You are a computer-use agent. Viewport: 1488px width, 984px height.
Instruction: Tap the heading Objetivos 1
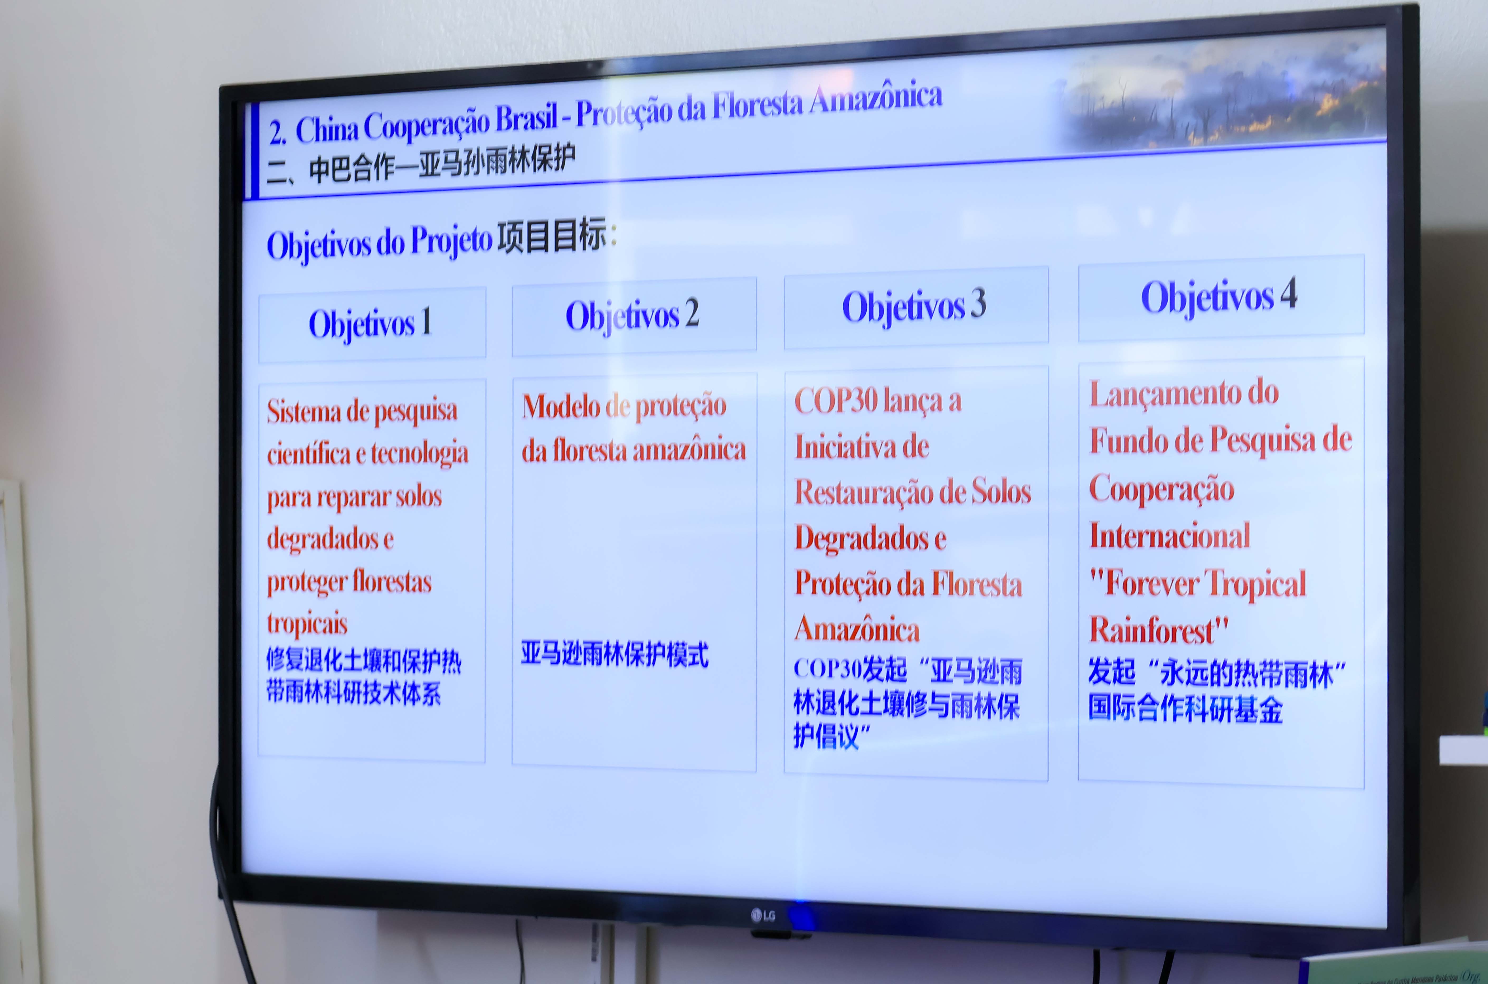(x=370, y=324)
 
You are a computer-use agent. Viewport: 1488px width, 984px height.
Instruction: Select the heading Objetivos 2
(x=632, y=315)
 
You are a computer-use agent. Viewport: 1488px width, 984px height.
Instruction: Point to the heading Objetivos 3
(x=914, y=306)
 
